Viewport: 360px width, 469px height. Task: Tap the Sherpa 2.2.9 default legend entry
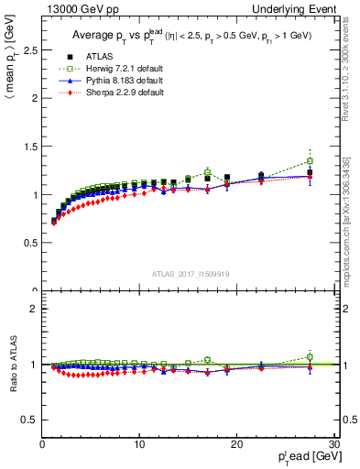tap(118, 92)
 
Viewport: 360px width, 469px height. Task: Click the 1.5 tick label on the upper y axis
tap(30, 147)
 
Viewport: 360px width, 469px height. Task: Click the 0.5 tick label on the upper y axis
tap(30, 243)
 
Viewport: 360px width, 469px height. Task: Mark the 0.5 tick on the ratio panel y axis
tap(30, 420)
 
